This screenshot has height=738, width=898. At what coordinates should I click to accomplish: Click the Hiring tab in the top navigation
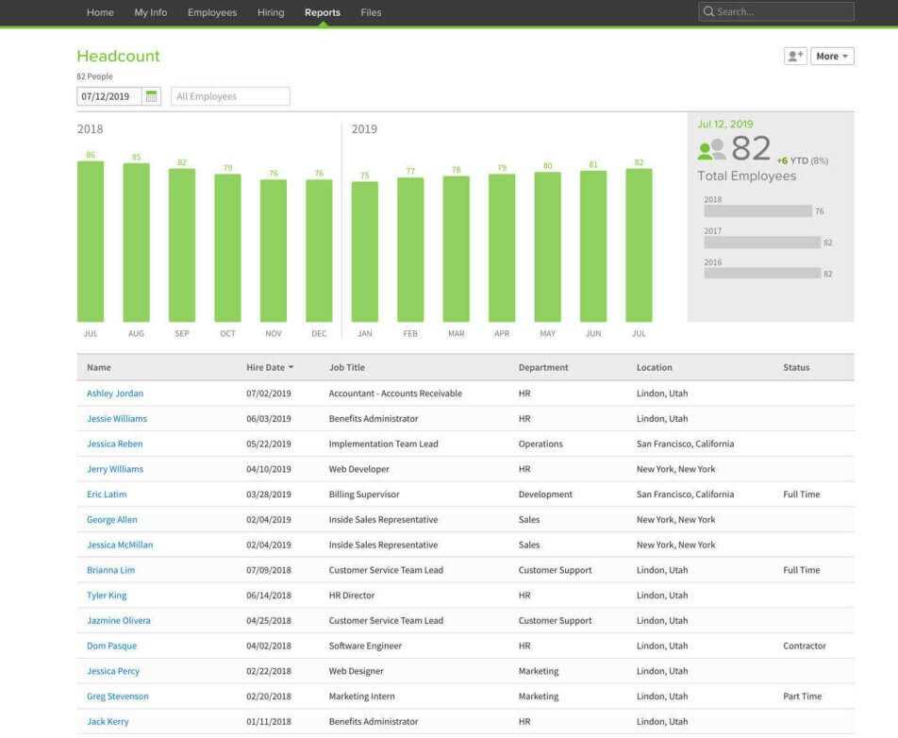pos(271,13)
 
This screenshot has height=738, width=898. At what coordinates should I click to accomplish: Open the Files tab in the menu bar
pos(371,13)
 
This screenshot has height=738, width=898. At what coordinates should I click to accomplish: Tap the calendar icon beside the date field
pos(152,96)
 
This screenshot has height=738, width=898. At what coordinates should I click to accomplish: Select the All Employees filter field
pos(230,96)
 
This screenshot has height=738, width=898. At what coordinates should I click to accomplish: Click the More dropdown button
pos(832,57)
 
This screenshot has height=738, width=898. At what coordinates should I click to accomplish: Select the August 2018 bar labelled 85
pos(136,243)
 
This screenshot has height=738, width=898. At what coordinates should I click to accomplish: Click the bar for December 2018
pos(319,251)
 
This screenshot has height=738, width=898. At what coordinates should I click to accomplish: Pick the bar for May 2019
pos(547,247)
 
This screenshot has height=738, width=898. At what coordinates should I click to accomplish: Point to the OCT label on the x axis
pos(227,334)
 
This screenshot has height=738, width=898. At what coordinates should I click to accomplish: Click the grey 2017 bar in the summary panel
pos(761,243)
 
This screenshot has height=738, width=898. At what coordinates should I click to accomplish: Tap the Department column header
pos(543,368)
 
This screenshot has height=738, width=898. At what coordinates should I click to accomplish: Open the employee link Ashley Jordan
pos(115,394)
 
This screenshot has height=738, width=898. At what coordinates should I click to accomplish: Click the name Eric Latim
pos(107,495)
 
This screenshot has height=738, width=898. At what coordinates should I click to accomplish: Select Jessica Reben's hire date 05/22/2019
pos(269,444)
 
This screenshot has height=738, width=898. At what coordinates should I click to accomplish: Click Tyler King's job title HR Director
pos(352,595)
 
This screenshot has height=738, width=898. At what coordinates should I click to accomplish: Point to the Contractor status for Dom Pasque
pos(804,646)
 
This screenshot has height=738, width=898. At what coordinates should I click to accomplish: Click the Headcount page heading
pos(119,57)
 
